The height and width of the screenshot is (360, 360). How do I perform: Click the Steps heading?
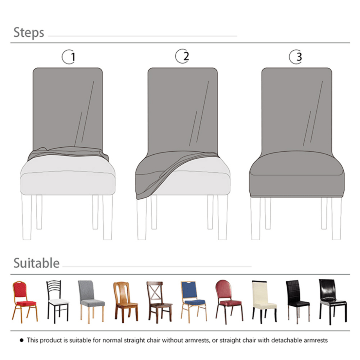click(29, 33)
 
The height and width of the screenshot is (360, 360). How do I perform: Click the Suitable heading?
click(36, 263)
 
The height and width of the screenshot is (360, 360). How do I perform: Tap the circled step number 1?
click(69, 57)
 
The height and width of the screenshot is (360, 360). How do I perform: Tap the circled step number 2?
click(182, 56)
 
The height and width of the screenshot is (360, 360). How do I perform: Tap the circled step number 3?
click(296, 57)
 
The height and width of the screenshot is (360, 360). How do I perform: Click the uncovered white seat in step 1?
click(68, 177)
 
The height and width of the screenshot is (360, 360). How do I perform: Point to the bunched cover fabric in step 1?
click(68, 153)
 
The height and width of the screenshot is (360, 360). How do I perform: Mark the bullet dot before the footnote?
click(22, 340)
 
